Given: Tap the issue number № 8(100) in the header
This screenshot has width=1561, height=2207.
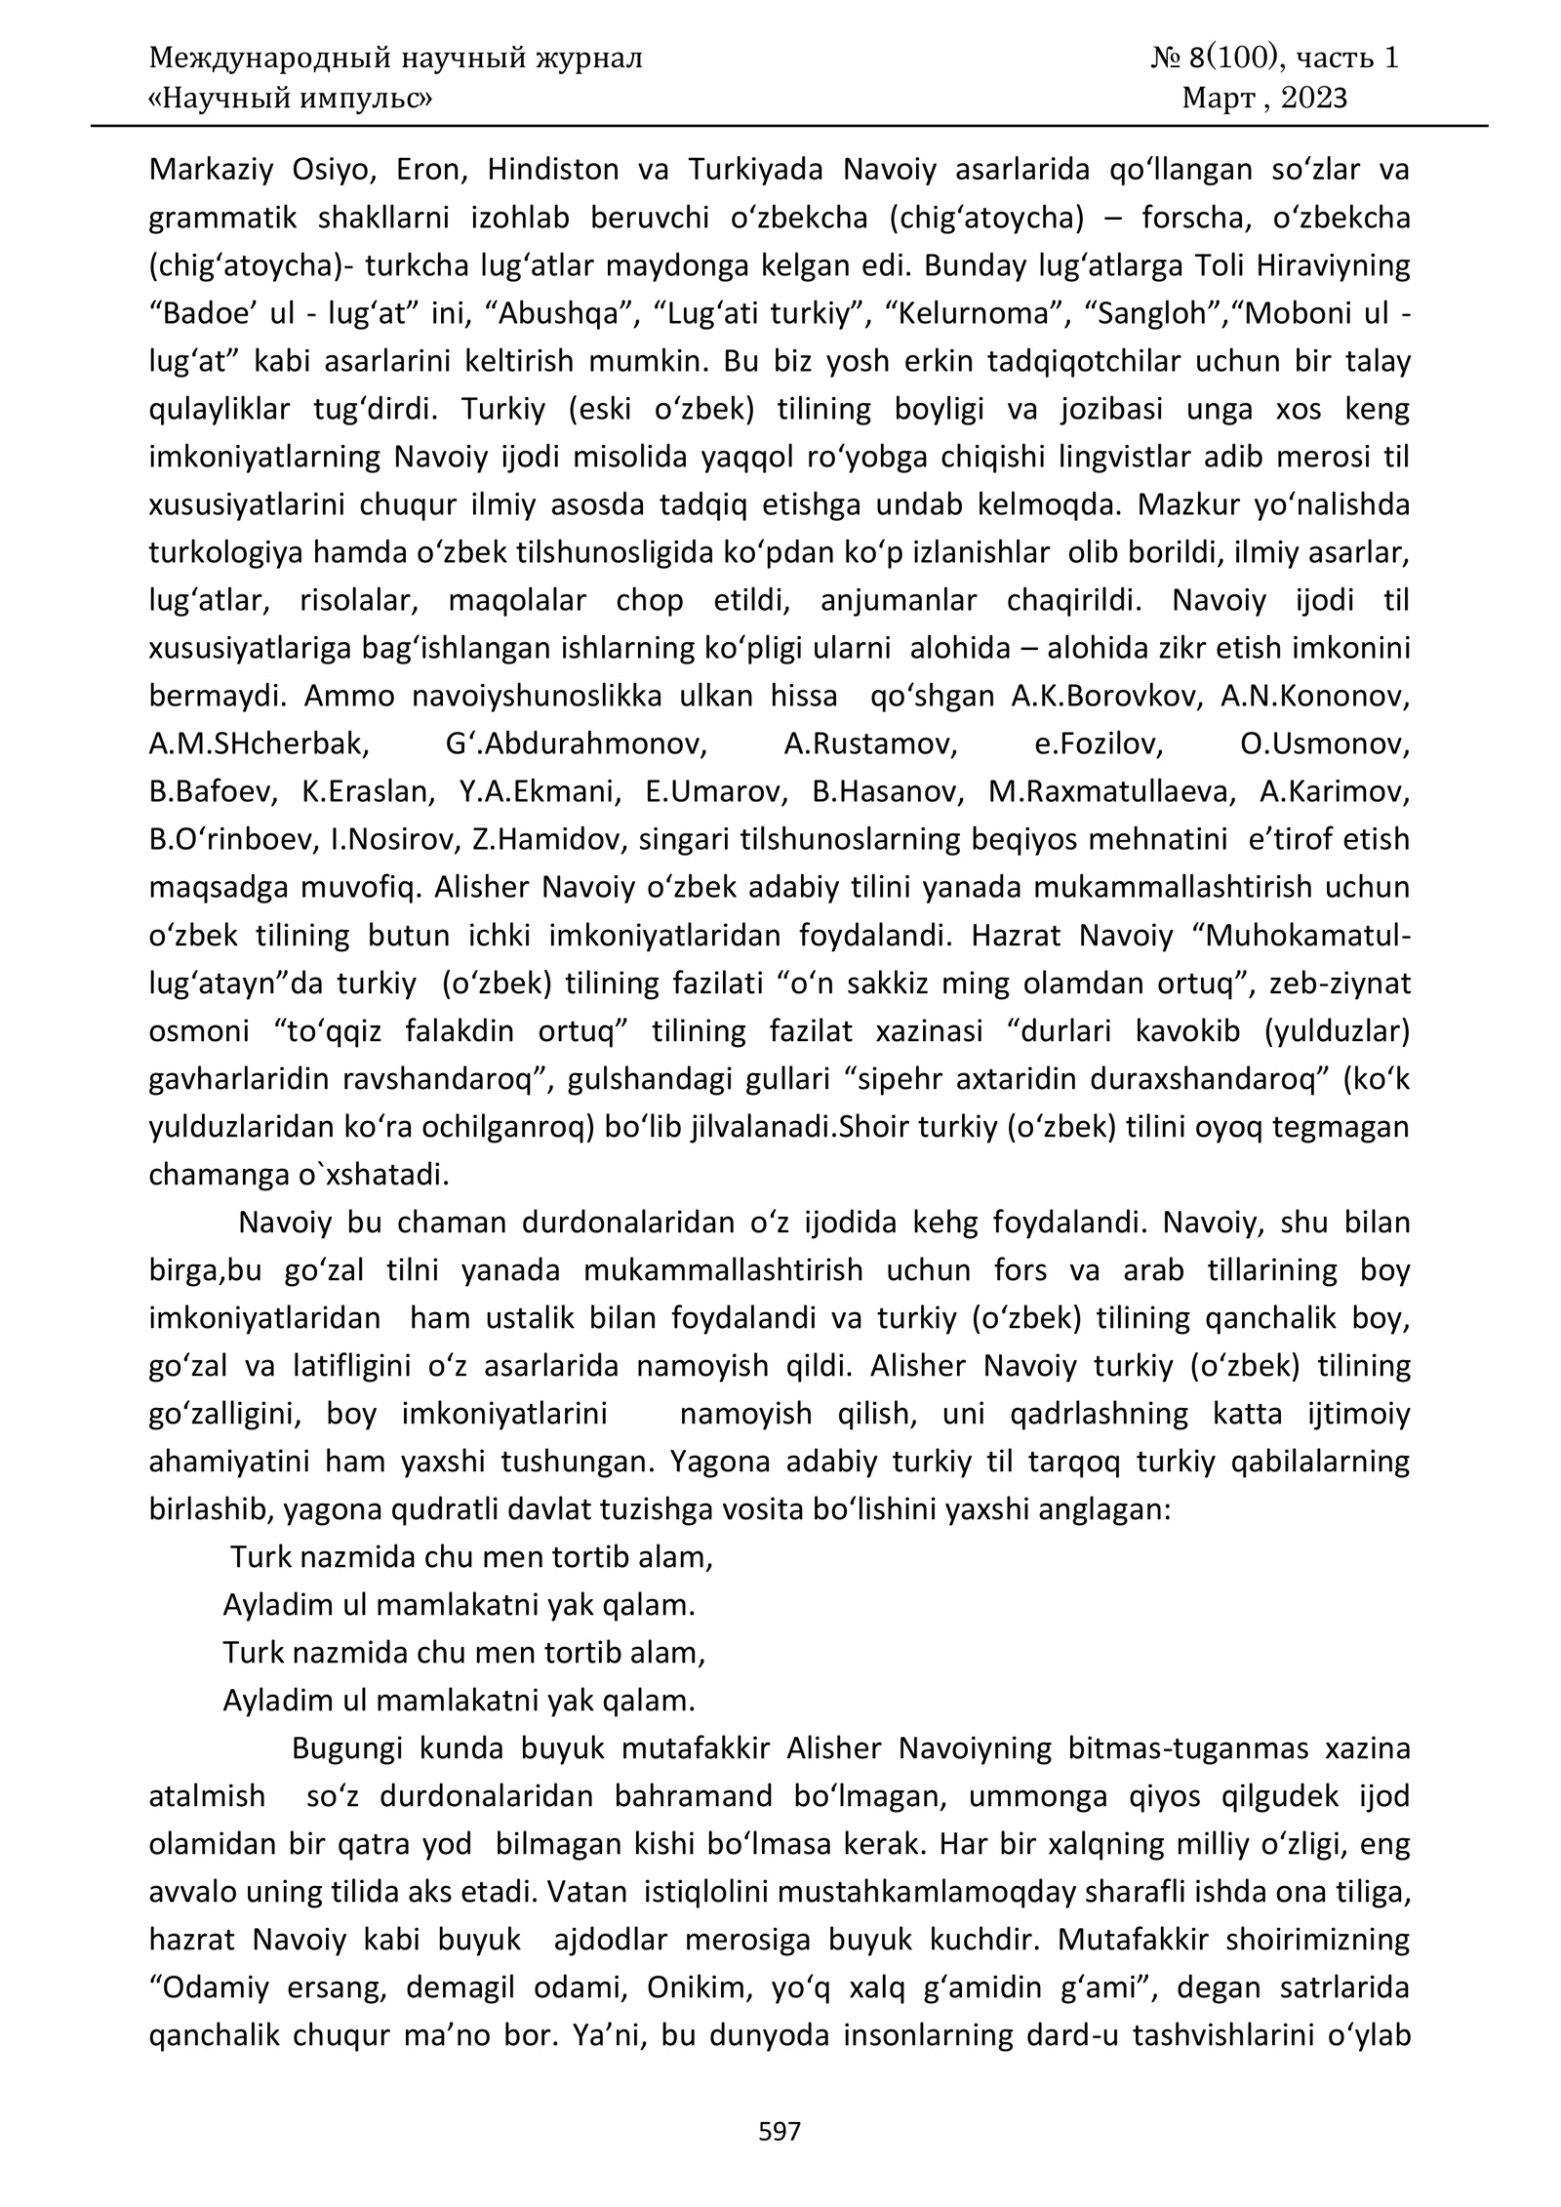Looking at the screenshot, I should (x=1214, y=59).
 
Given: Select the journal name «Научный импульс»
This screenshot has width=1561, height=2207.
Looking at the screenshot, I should (x=291, y=99).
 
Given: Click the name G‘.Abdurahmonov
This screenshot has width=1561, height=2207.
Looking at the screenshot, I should (x=576, y=744).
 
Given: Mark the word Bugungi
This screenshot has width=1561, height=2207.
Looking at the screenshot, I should (x=347, y=1748).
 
